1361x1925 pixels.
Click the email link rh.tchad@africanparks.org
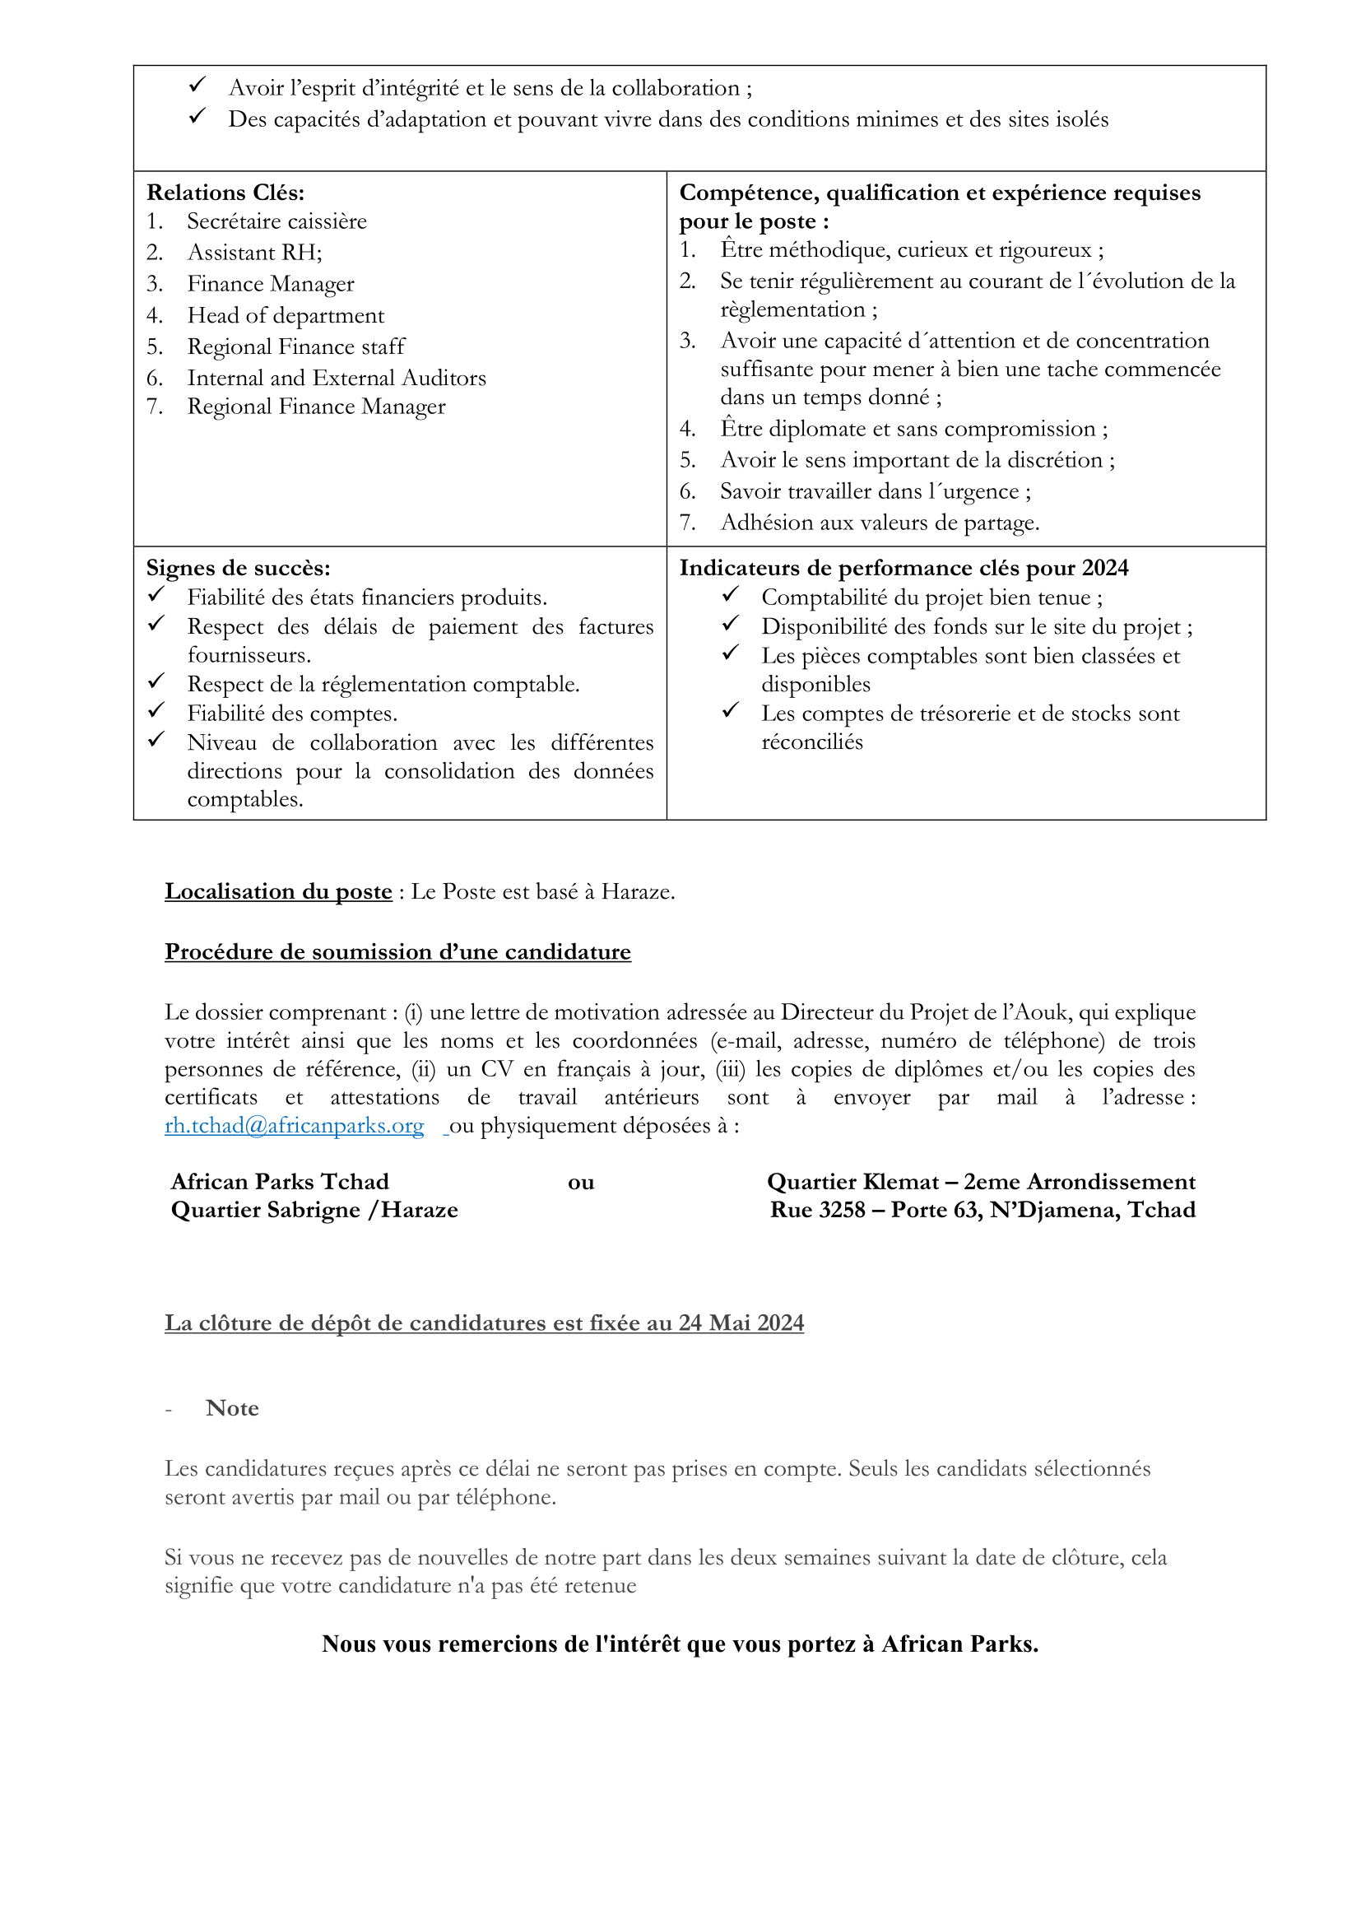click(294, 1125)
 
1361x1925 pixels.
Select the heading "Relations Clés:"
click(225, 193)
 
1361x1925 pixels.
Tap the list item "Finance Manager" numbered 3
click(271, 284)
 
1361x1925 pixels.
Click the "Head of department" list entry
click(286, 315)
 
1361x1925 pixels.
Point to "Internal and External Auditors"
click(336, 378)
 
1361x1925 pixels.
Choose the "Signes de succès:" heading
click(238, 568)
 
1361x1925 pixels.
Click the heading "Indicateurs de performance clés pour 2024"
click(903, 568)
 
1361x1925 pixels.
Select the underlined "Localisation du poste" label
click(278, 891)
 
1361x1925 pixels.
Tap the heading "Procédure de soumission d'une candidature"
click(397, 951)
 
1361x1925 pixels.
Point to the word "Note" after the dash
click(232, 1407)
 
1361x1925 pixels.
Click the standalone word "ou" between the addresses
click(581, 1182)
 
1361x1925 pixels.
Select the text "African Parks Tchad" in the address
click(280, 1181)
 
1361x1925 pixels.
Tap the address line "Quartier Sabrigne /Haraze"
click(314, 1210)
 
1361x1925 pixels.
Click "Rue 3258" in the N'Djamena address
click(817, 1210)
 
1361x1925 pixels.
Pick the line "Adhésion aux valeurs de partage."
click(879, 523)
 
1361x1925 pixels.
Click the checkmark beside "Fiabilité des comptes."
click(156, 711)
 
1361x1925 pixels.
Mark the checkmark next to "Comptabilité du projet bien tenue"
click(730, 594)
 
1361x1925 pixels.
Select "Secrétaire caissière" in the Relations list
click(276, 221)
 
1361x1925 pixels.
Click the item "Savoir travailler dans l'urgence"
click(875, 491)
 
